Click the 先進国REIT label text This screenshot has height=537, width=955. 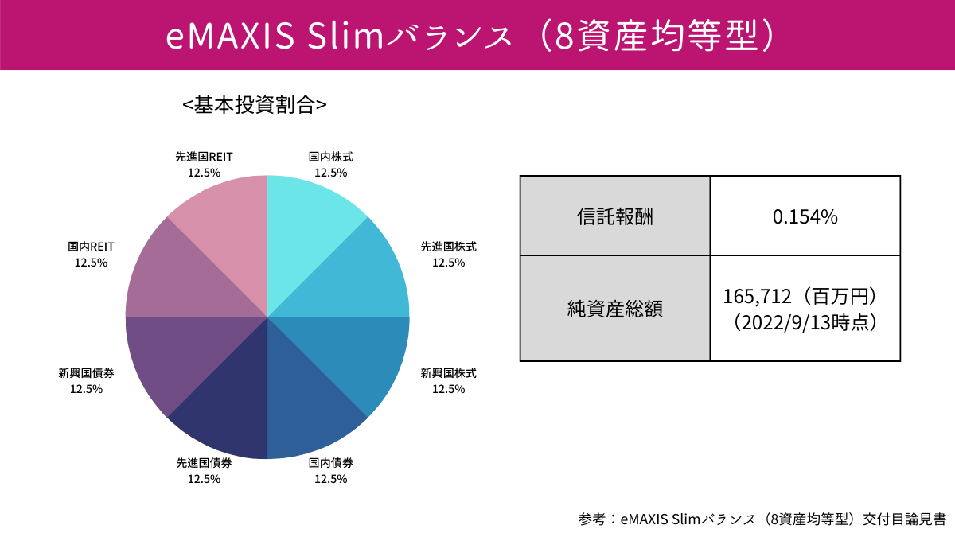click(x=204, y=158)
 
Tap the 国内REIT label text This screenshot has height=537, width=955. click(x=91, y=247)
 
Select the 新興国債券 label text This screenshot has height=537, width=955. click(x=86, y=372)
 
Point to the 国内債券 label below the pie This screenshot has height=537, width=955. click(x=330, y=462)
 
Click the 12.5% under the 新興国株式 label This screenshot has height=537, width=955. click(x=448, y=389)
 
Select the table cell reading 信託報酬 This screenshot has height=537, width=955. click(x=614, y=216)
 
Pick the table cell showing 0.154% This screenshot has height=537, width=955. click(x=805, y=216)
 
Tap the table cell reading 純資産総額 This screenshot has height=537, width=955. click(x=614, y=309)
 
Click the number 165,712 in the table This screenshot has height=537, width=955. click(x=758, y=297)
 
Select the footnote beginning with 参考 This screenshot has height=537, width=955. click(x=762, y=519)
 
